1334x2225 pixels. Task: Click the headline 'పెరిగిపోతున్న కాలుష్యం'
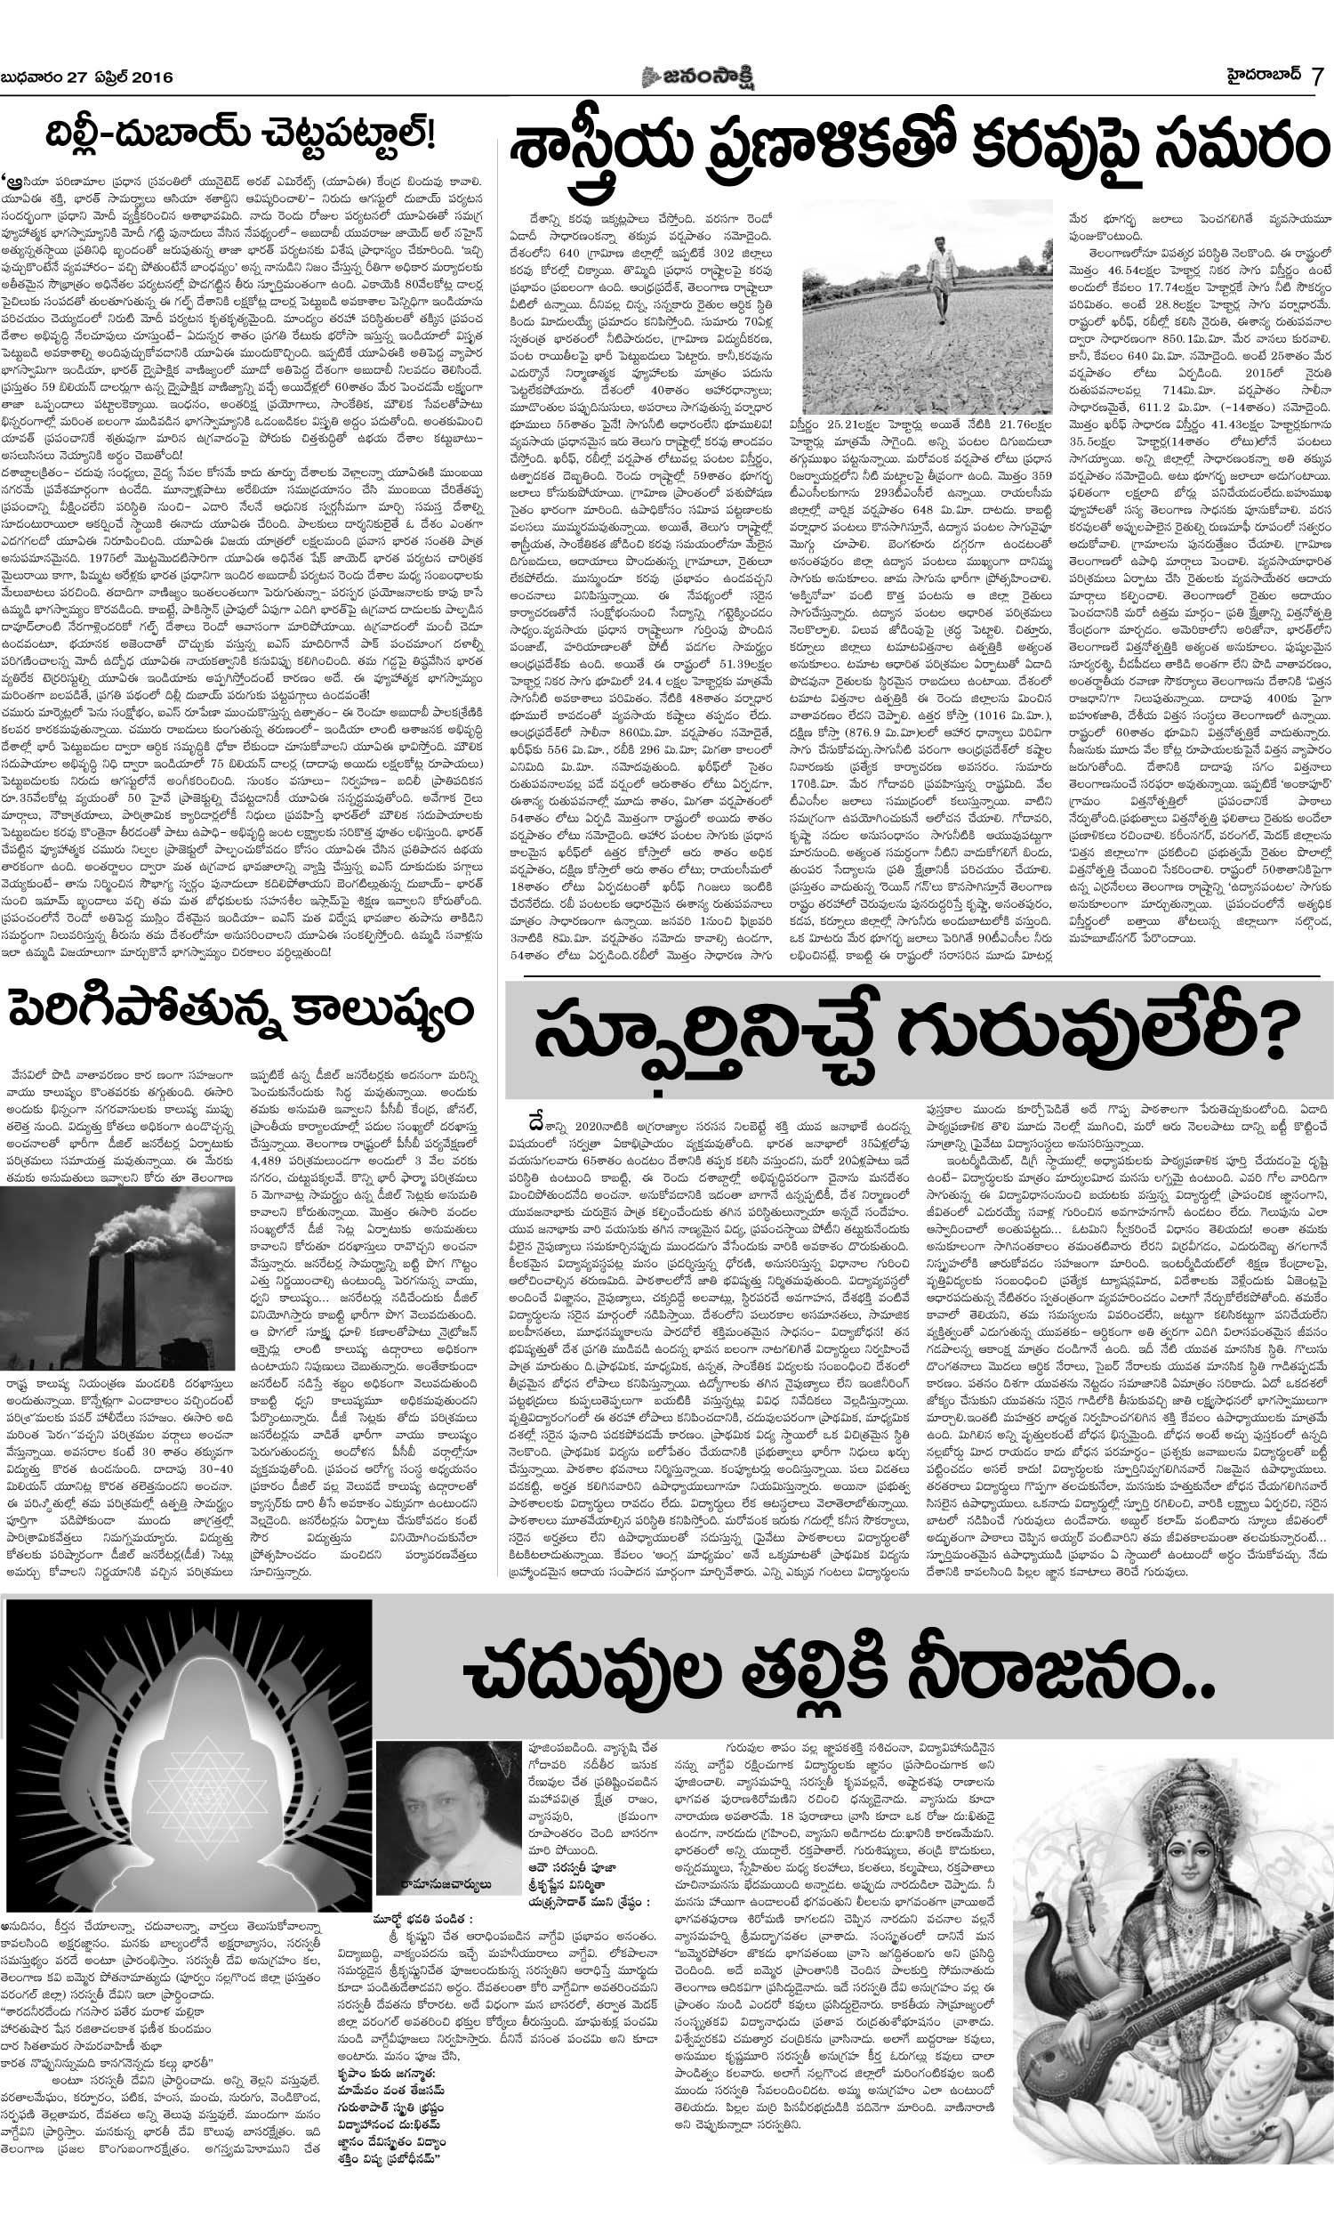click(x=241, y=1010)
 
